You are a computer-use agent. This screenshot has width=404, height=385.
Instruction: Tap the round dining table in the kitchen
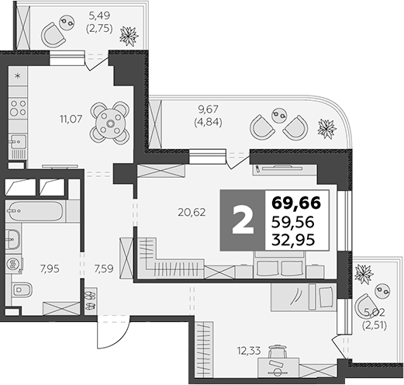[109, 122]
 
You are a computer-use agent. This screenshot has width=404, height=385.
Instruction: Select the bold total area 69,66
[297, 204]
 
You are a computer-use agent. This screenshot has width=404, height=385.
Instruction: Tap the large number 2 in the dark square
[243, 221]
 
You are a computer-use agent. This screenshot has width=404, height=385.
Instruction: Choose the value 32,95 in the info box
[295, 240]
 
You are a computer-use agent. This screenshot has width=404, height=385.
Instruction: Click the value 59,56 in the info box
[295, 222]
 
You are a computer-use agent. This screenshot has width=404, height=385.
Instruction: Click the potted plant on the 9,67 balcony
[328, 128]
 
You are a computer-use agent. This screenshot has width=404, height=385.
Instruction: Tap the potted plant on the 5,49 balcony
[126, 34]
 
